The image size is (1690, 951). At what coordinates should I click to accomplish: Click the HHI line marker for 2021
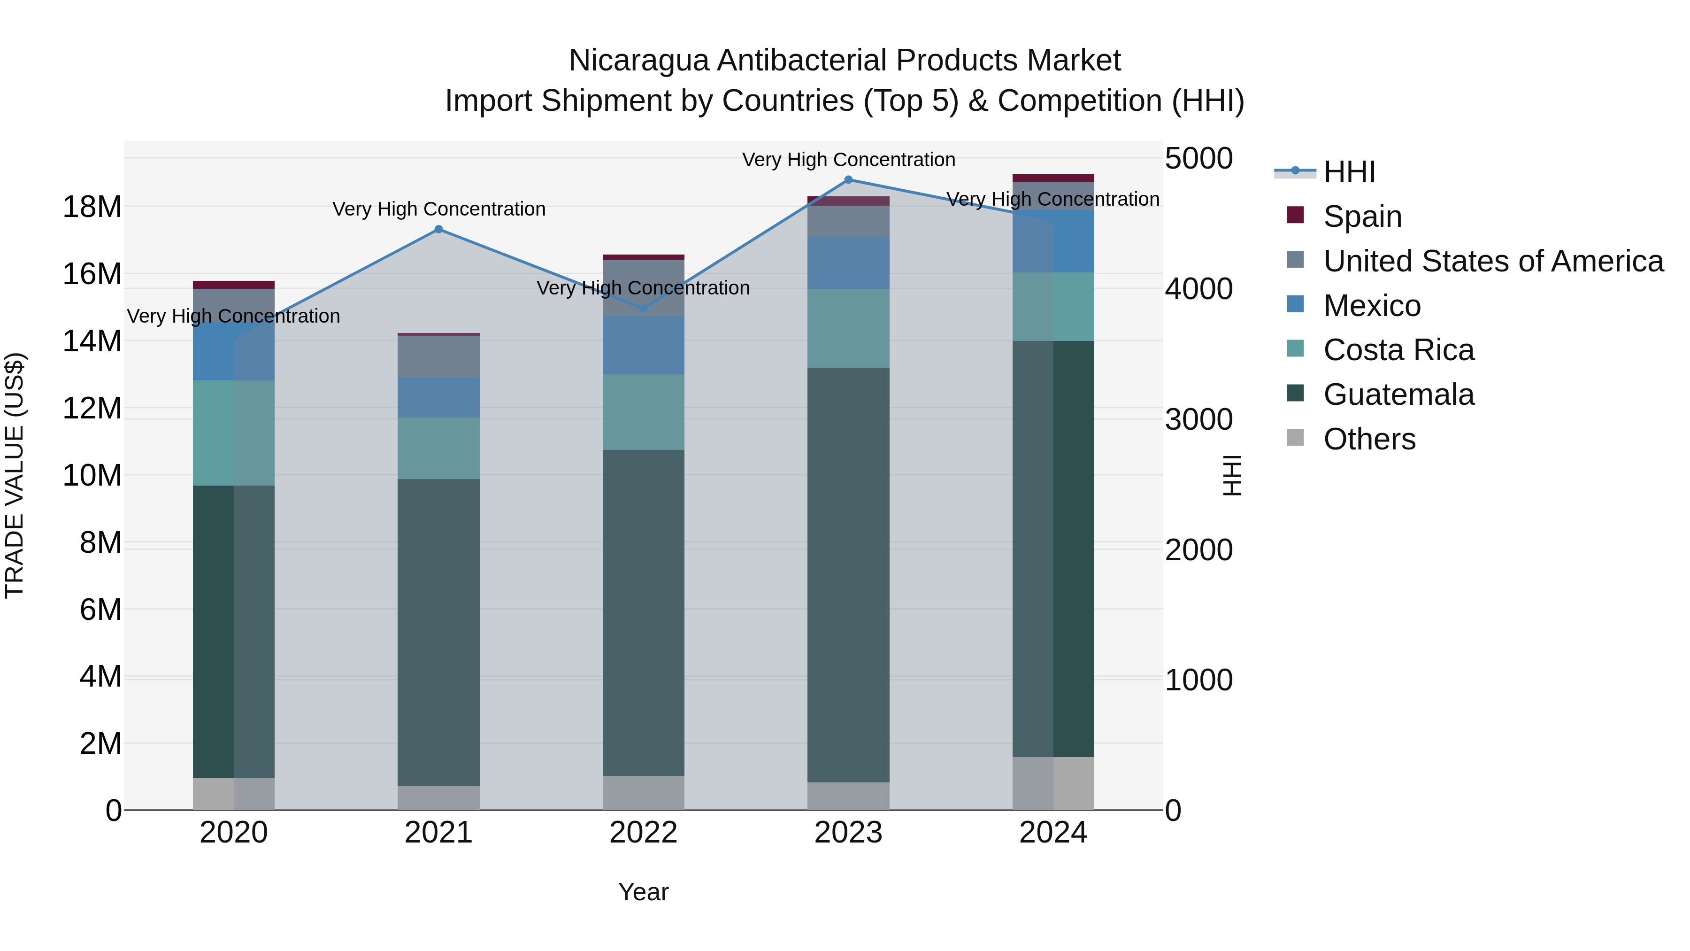tap(439, 229)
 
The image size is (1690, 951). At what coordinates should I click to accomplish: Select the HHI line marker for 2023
tap(848, 179)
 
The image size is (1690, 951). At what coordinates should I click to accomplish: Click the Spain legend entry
tap(1362, 216)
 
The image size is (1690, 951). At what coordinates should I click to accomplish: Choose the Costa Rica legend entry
tap(1398, 350)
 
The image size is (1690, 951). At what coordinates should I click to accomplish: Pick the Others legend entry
tap(1369, 439)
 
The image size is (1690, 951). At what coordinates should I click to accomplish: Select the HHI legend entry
tap(1349, 172)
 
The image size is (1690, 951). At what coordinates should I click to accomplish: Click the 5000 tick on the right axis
tap(1198, 158)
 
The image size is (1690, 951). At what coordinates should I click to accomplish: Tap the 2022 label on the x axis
tap(643, 833)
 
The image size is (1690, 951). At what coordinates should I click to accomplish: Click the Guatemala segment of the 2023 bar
tap(848, 574)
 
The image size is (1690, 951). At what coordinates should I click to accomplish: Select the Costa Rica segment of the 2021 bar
tap(439, 448)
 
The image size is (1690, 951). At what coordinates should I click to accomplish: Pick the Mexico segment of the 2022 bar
tap(644, 345)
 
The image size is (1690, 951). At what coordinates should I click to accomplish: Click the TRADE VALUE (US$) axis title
tap(15, 475)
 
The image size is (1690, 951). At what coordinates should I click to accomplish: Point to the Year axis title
tap(643, 892)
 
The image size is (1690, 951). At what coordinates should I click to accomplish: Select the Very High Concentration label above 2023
tap(848, 160)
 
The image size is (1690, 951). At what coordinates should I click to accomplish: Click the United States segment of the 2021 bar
tap(439, 356)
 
